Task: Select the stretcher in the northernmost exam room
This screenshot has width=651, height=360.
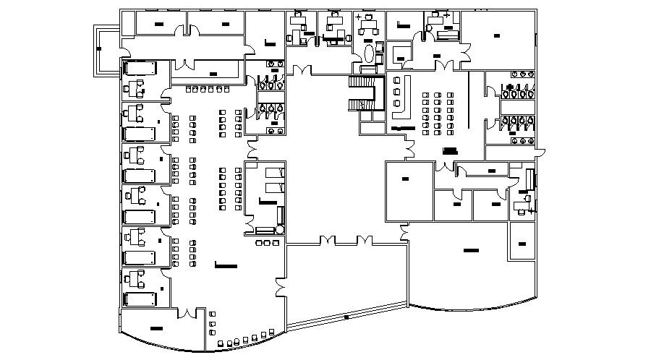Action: [x=141, y=69]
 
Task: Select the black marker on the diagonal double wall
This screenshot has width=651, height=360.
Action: [x=346, y=316]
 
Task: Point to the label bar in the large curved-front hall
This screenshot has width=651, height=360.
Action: [x=471, y=251]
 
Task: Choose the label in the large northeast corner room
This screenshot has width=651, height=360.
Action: [x=497, y=35]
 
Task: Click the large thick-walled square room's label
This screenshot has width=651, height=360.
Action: [x=404, y=178]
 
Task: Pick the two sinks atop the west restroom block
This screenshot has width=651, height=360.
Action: [x=274, y=64]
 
